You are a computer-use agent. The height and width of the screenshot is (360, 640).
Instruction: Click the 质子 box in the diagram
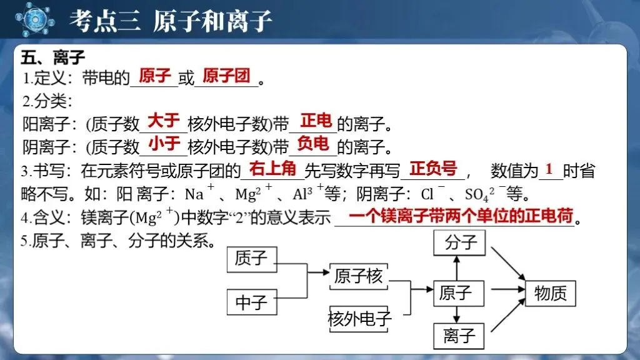251,259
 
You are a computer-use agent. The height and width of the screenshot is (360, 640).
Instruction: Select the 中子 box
251,302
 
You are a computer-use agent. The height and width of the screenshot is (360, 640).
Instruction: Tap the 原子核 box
357,276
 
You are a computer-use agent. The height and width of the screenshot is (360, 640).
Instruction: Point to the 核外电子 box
359,319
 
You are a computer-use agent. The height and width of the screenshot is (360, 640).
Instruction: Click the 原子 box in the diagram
459,292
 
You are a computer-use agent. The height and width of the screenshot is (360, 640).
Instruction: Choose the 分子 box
459,242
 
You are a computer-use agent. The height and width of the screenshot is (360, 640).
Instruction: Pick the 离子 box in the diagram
459,336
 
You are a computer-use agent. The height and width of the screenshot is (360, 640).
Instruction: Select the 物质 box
551,292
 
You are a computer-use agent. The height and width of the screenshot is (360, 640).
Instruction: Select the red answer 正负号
433,169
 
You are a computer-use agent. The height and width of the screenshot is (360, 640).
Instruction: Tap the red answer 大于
163,121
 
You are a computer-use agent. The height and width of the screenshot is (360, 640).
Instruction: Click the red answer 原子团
226,77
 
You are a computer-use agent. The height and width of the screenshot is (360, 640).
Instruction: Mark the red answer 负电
313,145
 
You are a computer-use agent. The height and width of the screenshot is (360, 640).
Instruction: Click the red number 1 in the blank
549,169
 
